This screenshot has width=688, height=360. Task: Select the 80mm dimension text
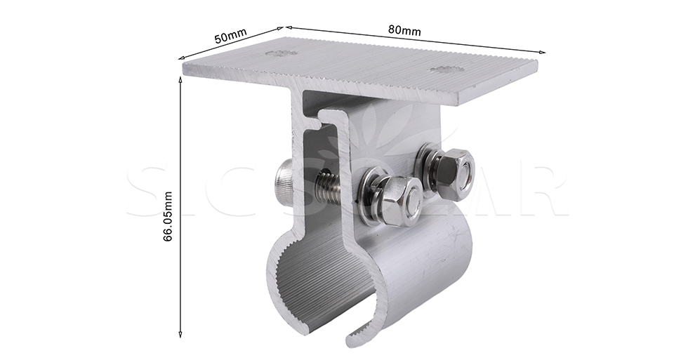pos(404,30)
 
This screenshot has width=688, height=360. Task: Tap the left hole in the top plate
pos(281,53)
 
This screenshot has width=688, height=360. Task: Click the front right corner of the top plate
pos(460,104)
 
